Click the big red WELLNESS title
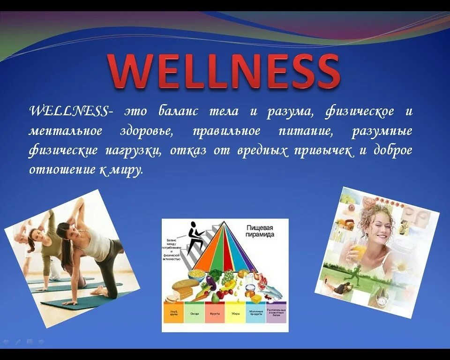[x=224, y=71]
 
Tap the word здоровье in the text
[x=146, y=131]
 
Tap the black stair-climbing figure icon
[x=194, y=237]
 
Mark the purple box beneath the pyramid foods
[x=276, y=312]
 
